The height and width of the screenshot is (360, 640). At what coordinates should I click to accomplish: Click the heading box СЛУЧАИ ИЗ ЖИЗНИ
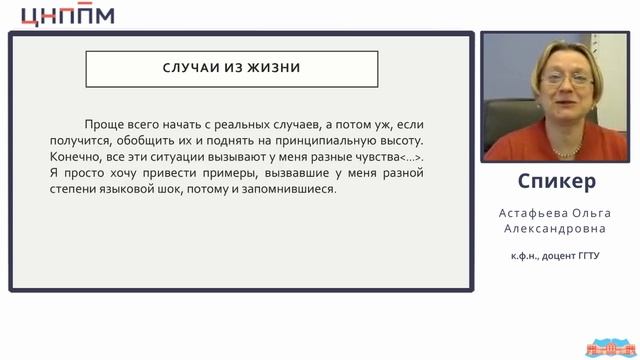point(231,69)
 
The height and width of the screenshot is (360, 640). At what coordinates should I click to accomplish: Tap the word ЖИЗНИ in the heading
point(274,69)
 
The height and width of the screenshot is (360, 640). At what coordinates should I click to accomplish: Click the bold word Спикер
point(558,181)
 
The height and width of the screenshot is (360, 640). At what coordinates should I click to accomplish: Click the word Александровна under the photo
point(558,230)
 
